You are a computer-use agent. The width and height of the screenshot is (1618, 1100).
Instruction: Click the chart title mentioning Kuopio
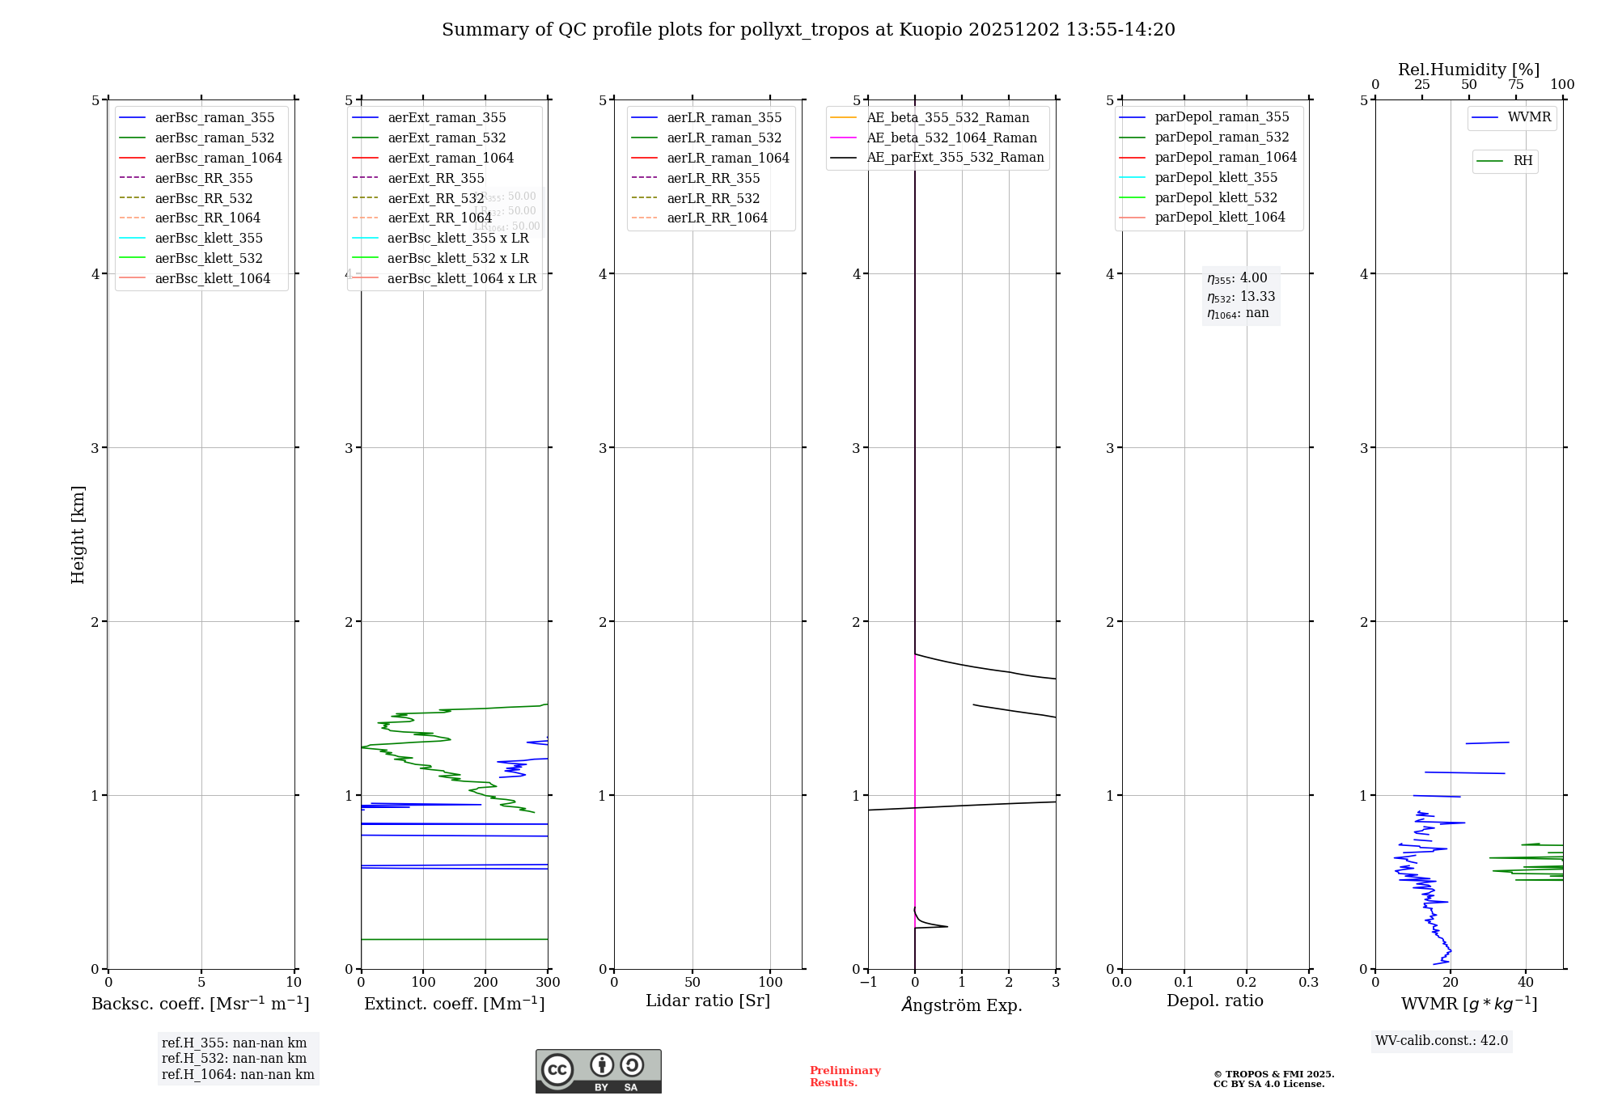click(808, 30)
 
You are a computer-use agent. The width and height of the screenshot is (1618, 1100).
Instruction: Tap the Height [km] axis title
click(78, 535)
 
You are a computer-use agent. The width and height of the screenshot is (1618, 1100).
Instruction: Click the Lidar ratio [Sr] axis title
click(708, 1001)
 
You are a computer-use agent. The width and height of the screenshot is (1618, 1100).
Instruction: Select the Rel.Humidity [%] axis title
click(1468, 70)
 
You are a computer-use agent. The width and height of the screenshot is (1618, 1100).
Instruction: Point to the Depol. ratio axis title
click(1214, 1001)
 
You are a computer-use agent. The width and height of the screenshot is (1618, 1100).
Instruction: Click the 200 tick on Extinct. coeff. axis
click(485, 982)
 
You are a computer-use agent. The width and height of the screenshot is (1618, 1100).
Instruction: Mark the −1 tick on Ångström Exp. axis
click(868, 982)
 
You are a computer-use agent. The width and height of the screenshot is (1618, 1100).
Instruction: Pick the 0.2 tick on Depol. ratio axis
click(1247, 982)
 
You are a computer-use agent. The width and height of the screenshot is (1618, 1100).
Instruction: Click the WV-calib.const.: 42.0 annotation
click(1441, 1040)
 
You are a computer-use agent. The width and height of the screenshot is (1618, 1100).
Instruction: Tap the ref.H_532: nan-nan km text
click(234, 1058)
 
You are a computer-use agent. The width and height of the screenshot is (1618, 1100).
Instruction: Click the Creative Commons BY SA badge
click(598, 1072)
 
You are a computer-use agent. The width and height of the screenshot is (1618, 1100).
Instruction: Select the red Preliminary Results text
click(845, 1077)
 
